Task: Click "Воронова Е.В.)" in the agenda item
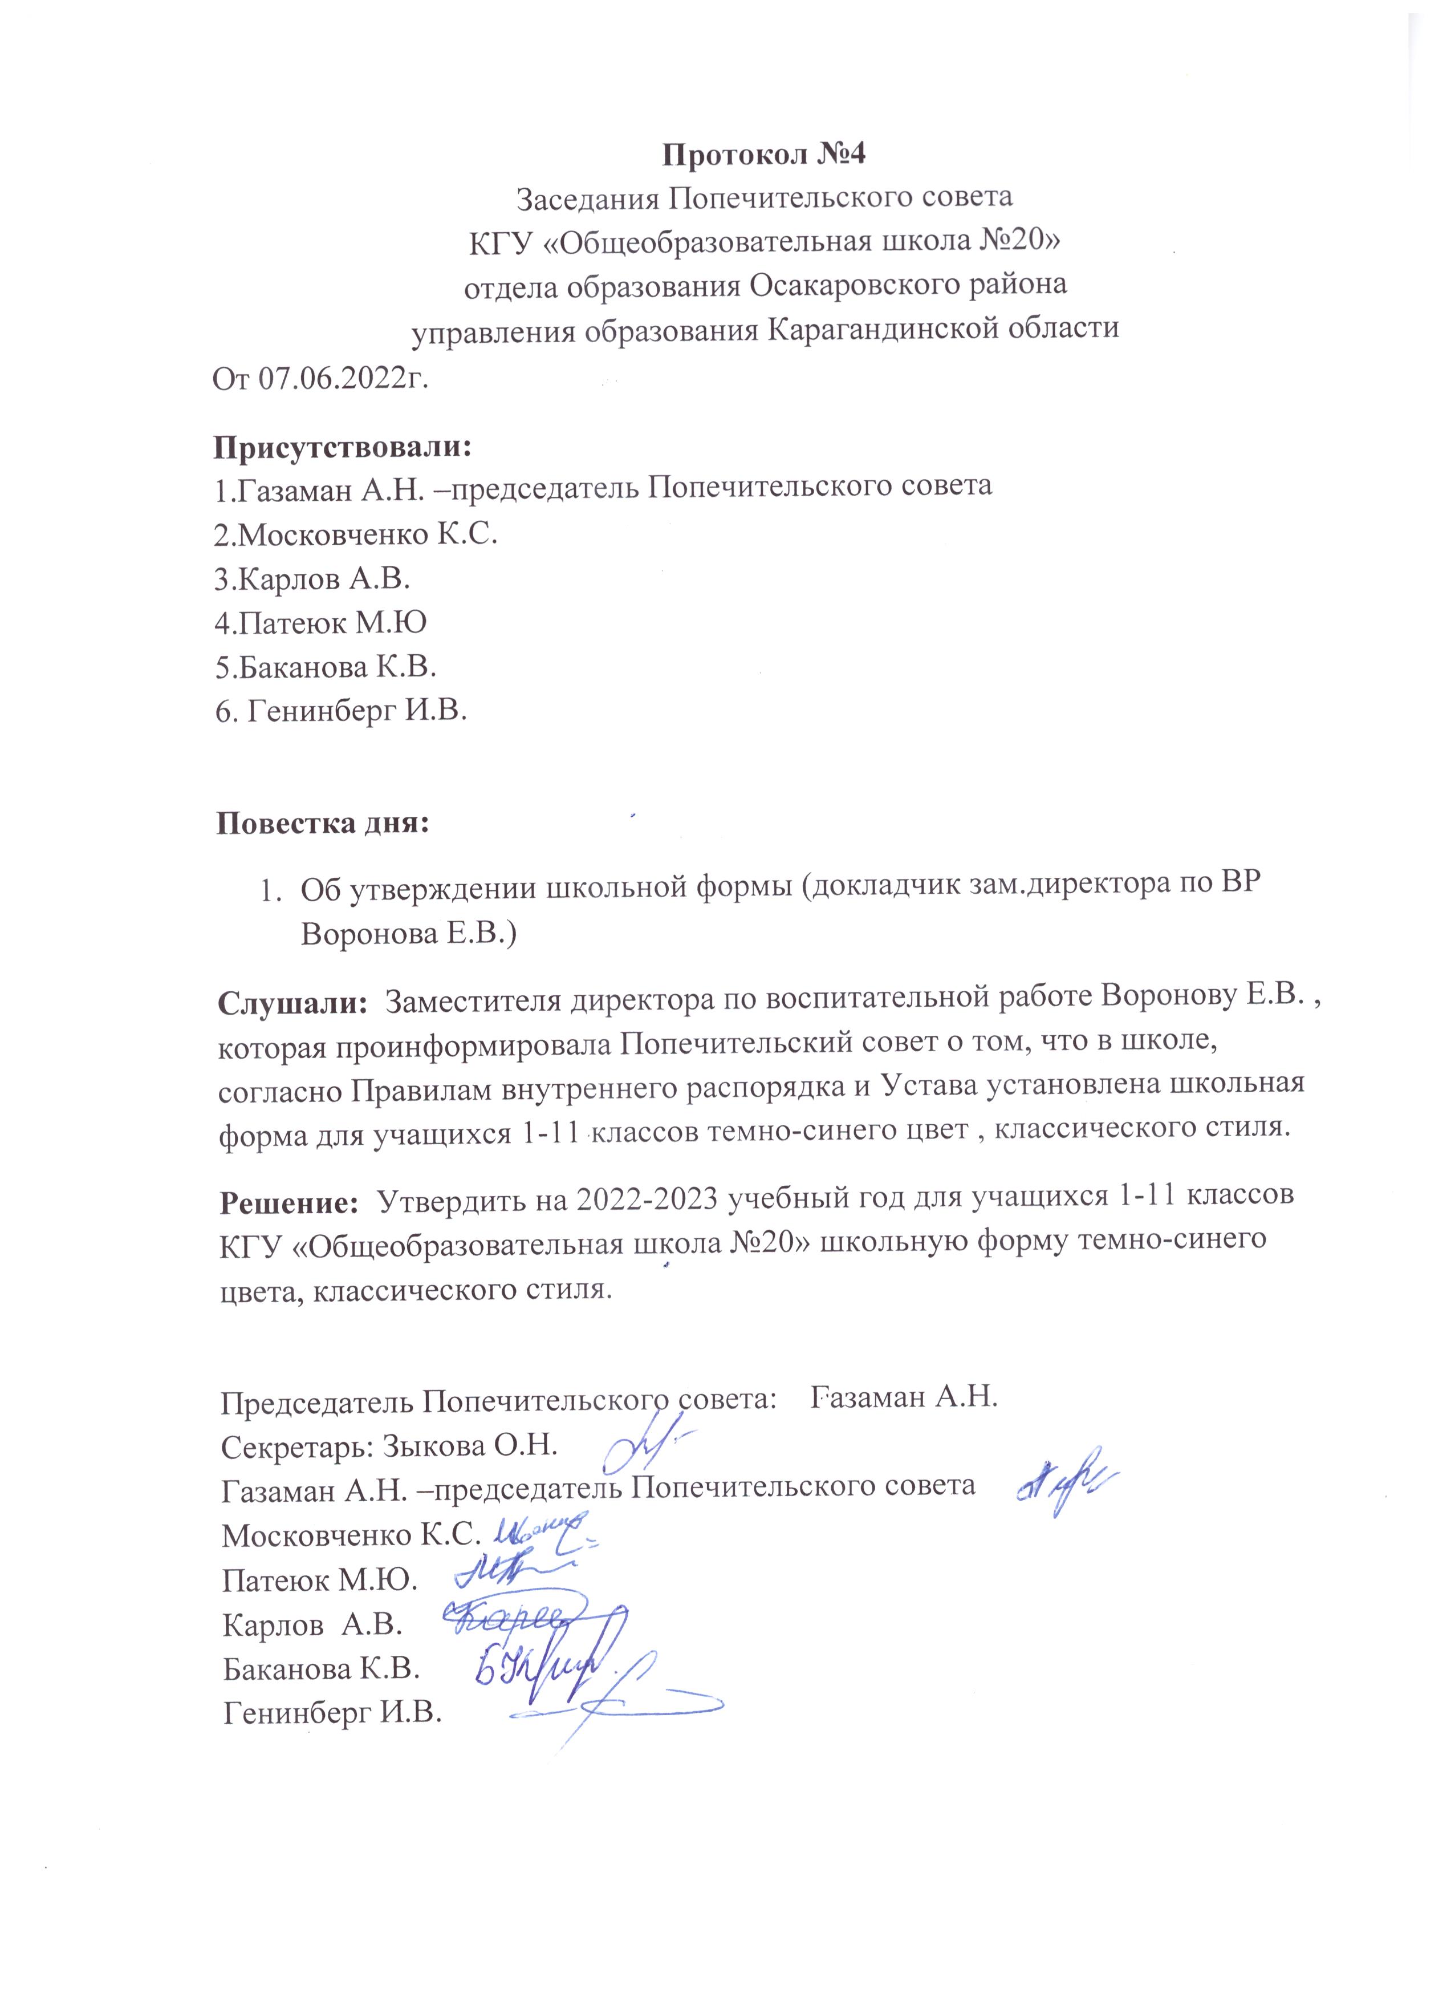[409, 934]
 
